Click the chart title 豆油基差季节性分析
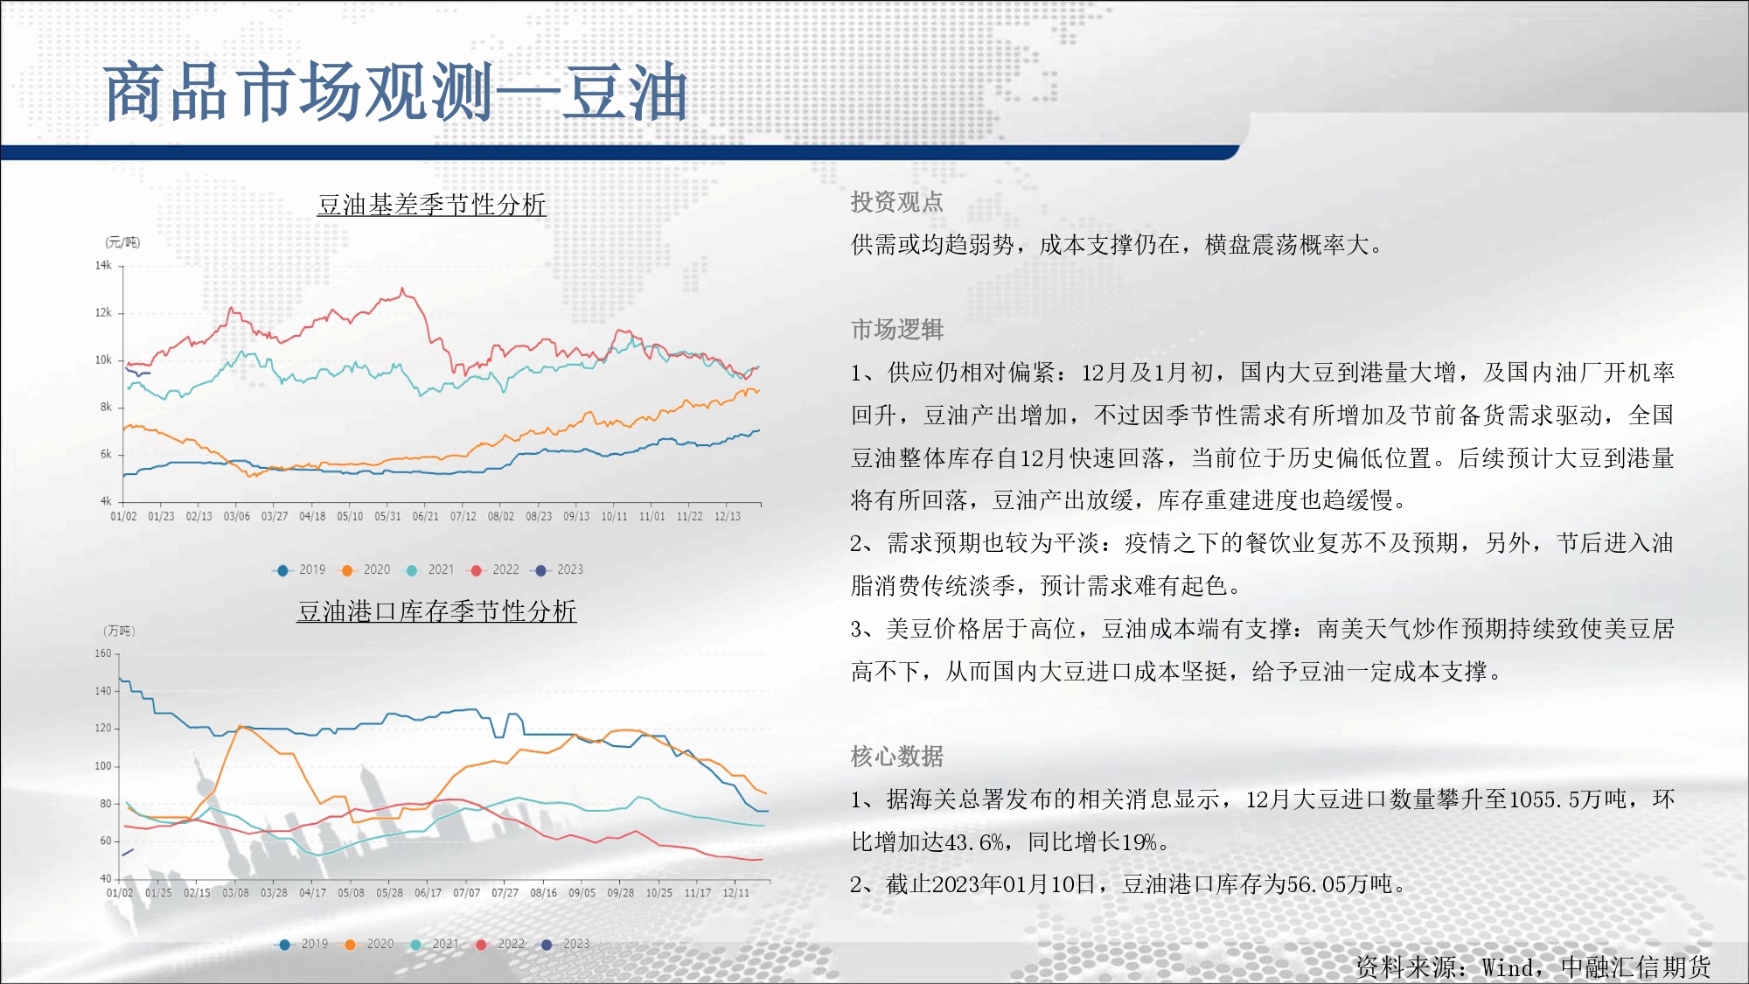pyautogui.click(x=432, y=205)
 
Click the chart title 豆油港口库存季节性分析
pyautogui.click(x=436, y=611)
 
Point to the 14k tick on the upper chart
pyautogui.click(x=103, y=265)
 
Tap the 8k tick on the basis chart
pyautogui.click(x=106, y=407)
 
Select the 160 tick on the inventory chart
pyautogui.click(x=103, y=653)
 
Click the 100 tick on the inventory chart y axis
pyautogui.click(x=103, y=766)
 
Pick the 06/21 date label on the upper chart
pyautogui.click(x=426, y=516)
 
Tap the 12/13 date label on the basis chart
pyautogui.click(x=728, y=516)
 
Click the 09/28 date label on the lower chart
pyautogui.click(x=621, y=893)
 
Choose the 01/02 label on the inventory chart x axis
pyautogui.click(x=120, y=893)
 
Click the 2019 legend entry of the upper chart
pyautogui.click(x=300, y=569)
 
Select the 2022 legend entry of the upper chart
pyautogui.click(x=494, y=569)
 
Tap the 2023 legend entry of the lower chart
pyautogui.click(x=565, y=944)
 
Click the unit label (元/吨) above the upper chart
pyautogui.click(x=122, y=242)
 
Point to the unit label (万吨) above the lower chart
pyautogui.click(x=120, y=631)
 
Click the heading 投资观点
pyautogui.click(x=897, y=202)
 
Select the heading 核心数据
pyautogui.click(x=897, y=756)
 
